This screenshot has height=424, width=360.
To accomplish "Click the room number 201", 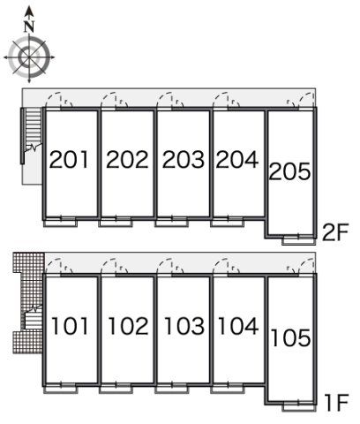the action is tap(69, 159).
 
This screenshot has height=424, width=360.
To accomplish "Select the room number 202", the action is tap(127, 159).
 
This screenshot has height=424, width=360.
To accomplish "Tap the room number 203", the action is tap(184, 159).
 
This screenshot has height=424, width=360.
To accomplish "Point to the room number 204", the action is tap(237, 159).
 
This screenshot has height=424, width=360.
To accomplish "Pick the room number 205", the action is tap(290, 171).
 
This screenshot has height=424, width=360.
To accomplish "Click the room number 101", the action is tap(70, 326).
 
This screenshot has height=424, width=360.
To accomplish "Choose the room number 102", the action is tap(129, 326).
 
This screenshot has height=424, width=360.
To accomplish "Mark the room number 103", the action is tap(184, 326).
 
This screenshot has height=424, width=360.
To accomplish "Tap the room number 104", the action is tap(238, 326).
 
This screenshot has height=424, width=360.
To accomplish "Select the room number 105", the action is tap(290, 337).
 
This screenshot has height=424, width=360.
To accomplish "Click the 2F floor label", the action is tap(335, 232).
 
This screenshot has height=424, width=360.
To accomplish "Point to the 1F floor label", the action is tap(337, 403).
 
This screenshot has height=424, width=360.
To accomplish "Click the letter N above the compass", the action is tap(29, 26).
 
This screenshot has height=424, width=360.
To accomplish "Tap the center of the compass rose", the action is tap(29, 57).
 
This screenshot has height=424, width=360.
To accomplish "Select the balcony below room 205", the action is tap(299, 240).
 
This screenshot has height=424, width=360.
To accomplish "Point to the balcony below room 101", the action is tap(60, 390).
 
